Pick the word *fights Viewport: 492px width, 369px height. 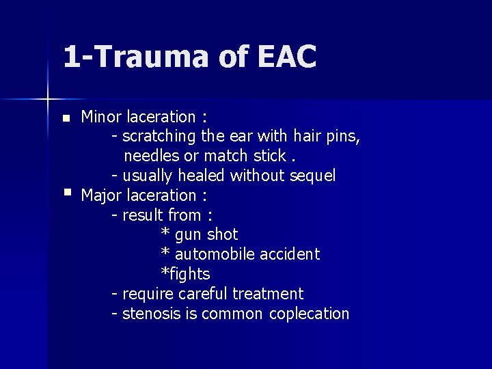[x=185, y=274]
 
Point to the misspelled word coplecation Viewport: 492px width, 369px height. [x=310, y=314]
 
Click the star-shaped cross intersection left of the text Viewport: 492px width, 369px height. [x=48, y=99]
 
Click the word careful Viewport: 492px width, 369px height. [x=203, y=294]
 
